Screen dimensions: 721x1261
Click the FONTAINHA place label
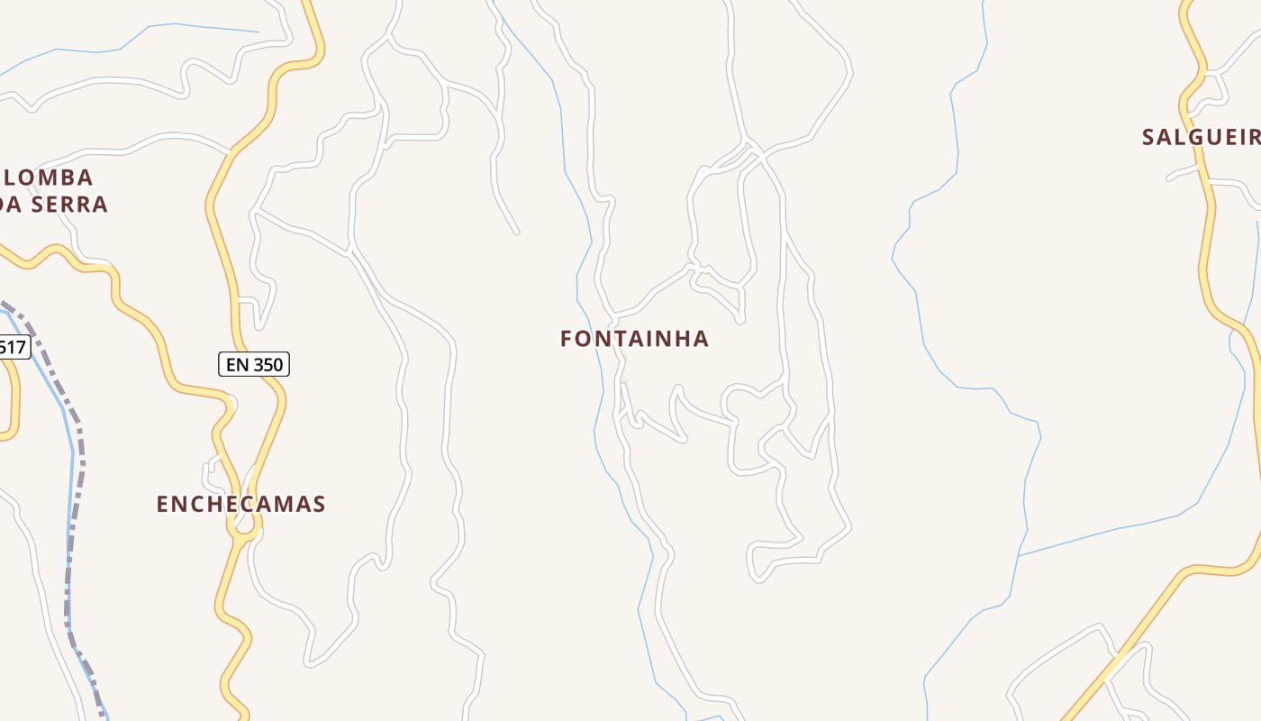click(x=634, y=339)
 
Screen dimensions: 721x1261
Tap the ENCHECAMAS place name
click(x=240, y=504)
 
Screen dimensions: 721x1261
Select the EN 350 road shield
click(x=254, y=364)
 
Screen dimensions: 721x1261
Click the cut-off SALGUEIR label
click(x=1201, y=137)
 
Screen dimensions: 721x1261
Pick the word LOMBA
click(x=53, y=178)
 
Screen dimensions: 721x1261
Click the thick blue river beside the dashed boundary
click(x=68, y=505)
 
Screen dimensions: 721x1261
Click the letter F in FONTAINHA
click(x=567, y=339)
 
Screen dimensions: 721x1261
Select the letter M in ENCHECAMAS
click(x=279, y=504)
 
